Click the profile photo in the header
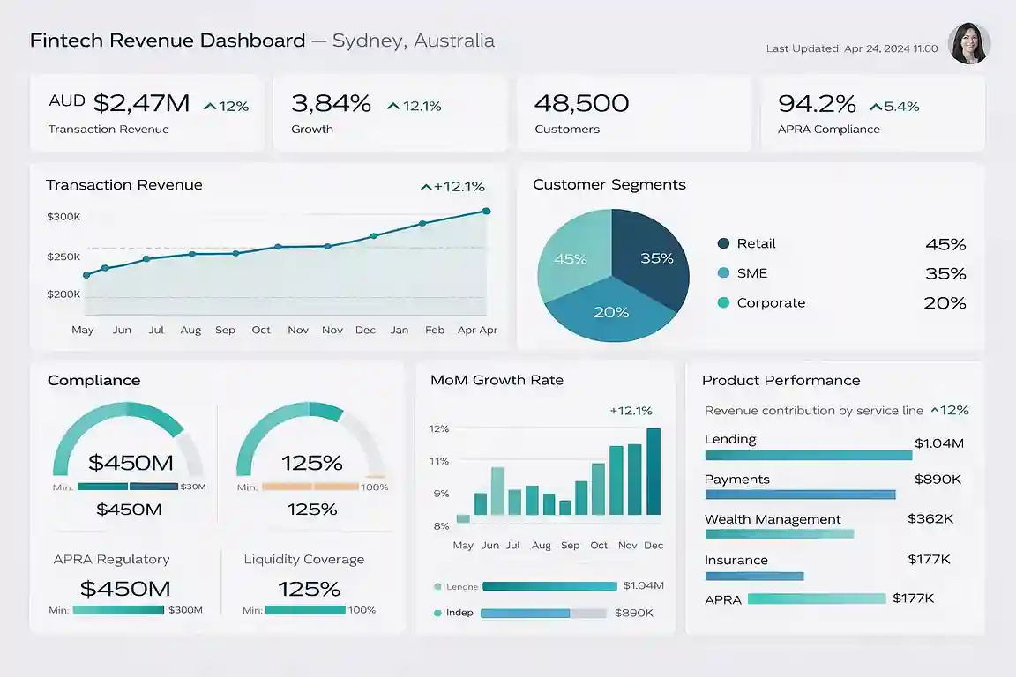pyautogui.click(x=968, y=43)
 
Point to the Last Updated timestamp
pyautogui.click(x=851, y=48)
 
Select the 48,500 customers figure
pyautogui.click(x=581, y=104)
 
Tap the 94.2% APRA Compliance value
pyautogui.click(x=817, y=104)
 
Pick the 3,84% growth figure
pyautogui.click(x=331, y=104)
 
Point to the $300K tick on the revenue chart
pyautogui.click(x=63, y=216)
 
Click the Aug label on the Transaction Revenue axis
pyautogui.click(x=190, y=330)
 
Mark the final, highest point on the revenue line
pyautogui.click(x=486, y=212)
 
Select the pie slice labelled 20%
pyautogui.click(x=610, y=311)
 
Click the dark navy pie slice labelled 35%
pyautogui.click(x=654, y=257)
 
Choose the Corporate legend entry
pyautogui.click(x=770, y=302)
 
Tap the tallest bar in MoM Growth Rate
pyautogui.click(x=654, y=471)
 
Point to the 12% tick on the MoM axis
pyautogui.click(x=439, y=428)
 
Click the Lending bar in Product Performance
pyautogui.click(x=808, y=456)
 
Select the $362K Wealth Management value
pyautogui.click(x=930, y=519)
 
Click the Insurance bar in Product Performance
pyautogui.click(x=754, y=577)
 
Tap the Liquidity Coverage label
pyautogui.click(x=303, y=559)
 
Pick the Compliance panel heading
pyautogui.click(x=93, y=380)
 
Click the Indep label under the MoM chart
pyautogui.click(x=459, y=613)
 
